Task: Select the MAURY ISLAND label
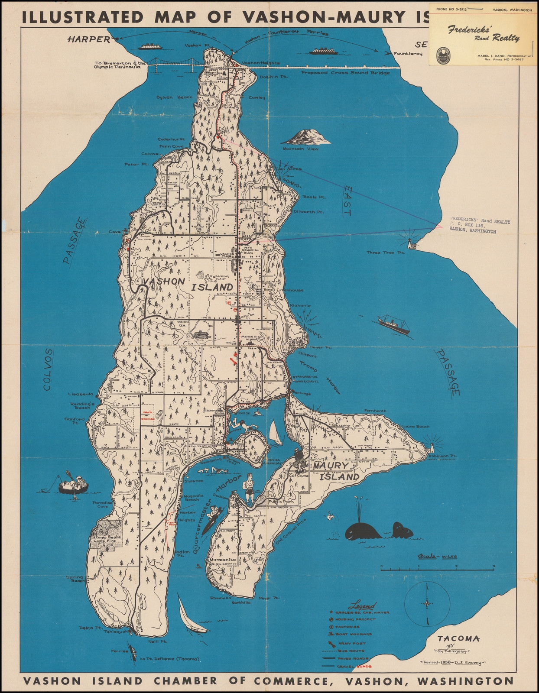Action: (336, 471)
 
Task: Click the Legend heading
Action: (364, 605)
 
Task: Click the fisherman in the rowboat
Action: (73, 483)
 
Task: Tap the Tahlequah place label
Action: (116, 631)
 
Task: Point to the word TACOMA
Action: (458, 638)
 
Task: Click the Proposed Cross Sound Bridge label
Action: (345, 73)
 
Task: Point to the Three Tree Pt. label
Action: (385, 253)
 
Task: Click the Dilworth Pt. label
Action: (309, 212)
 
